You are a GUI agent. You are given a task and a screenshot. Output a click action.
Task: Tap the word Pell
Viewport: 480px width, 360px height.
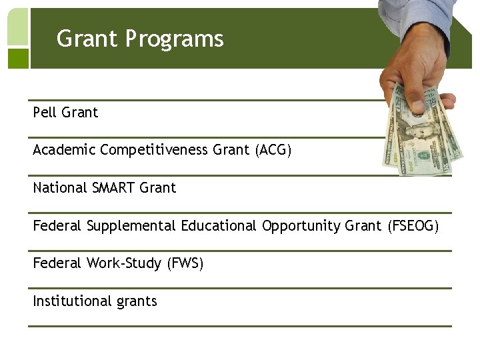coord(45,113)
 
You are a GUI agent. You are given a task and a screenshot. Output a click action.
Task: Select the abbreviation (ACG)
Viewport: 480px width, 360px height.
coord(273,151)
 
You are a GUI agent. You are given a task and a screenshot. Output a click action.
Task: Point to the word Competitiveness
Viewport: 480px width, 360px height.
coord(154,151)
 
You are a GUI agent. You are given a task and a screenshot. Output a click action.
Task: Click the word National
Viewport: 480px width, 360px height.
coord(59,188)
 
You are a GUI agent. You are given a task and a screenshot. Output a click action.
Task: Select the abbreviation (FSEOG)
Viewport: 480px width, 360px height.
coord(413,226)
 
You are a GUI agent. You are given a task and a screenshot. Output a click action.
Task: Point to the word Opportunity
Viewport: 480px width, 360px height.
coord(301,226)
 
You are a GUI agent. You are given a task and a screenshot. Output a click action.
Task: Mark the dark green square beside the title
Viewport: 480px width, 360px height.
coord(18,59)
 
